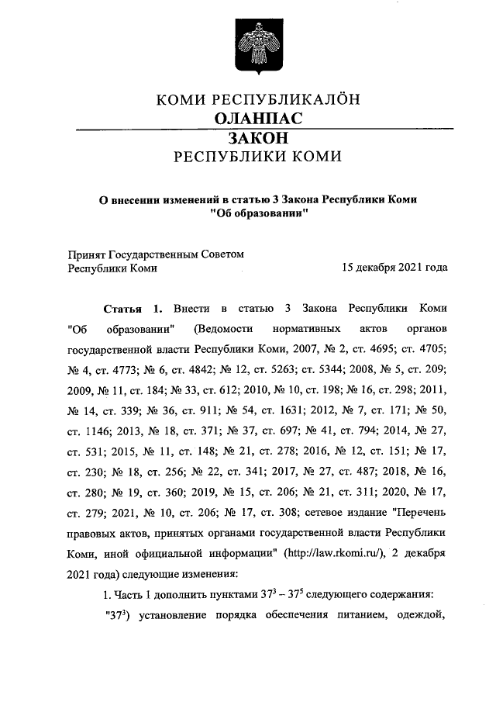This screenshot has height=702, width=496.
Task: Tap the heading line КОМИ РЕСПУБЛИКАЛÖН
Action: click(x=258, y=99)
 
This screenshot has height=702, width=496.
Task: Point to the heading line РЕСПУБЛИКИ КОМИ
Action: click(x=258, y=156)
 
